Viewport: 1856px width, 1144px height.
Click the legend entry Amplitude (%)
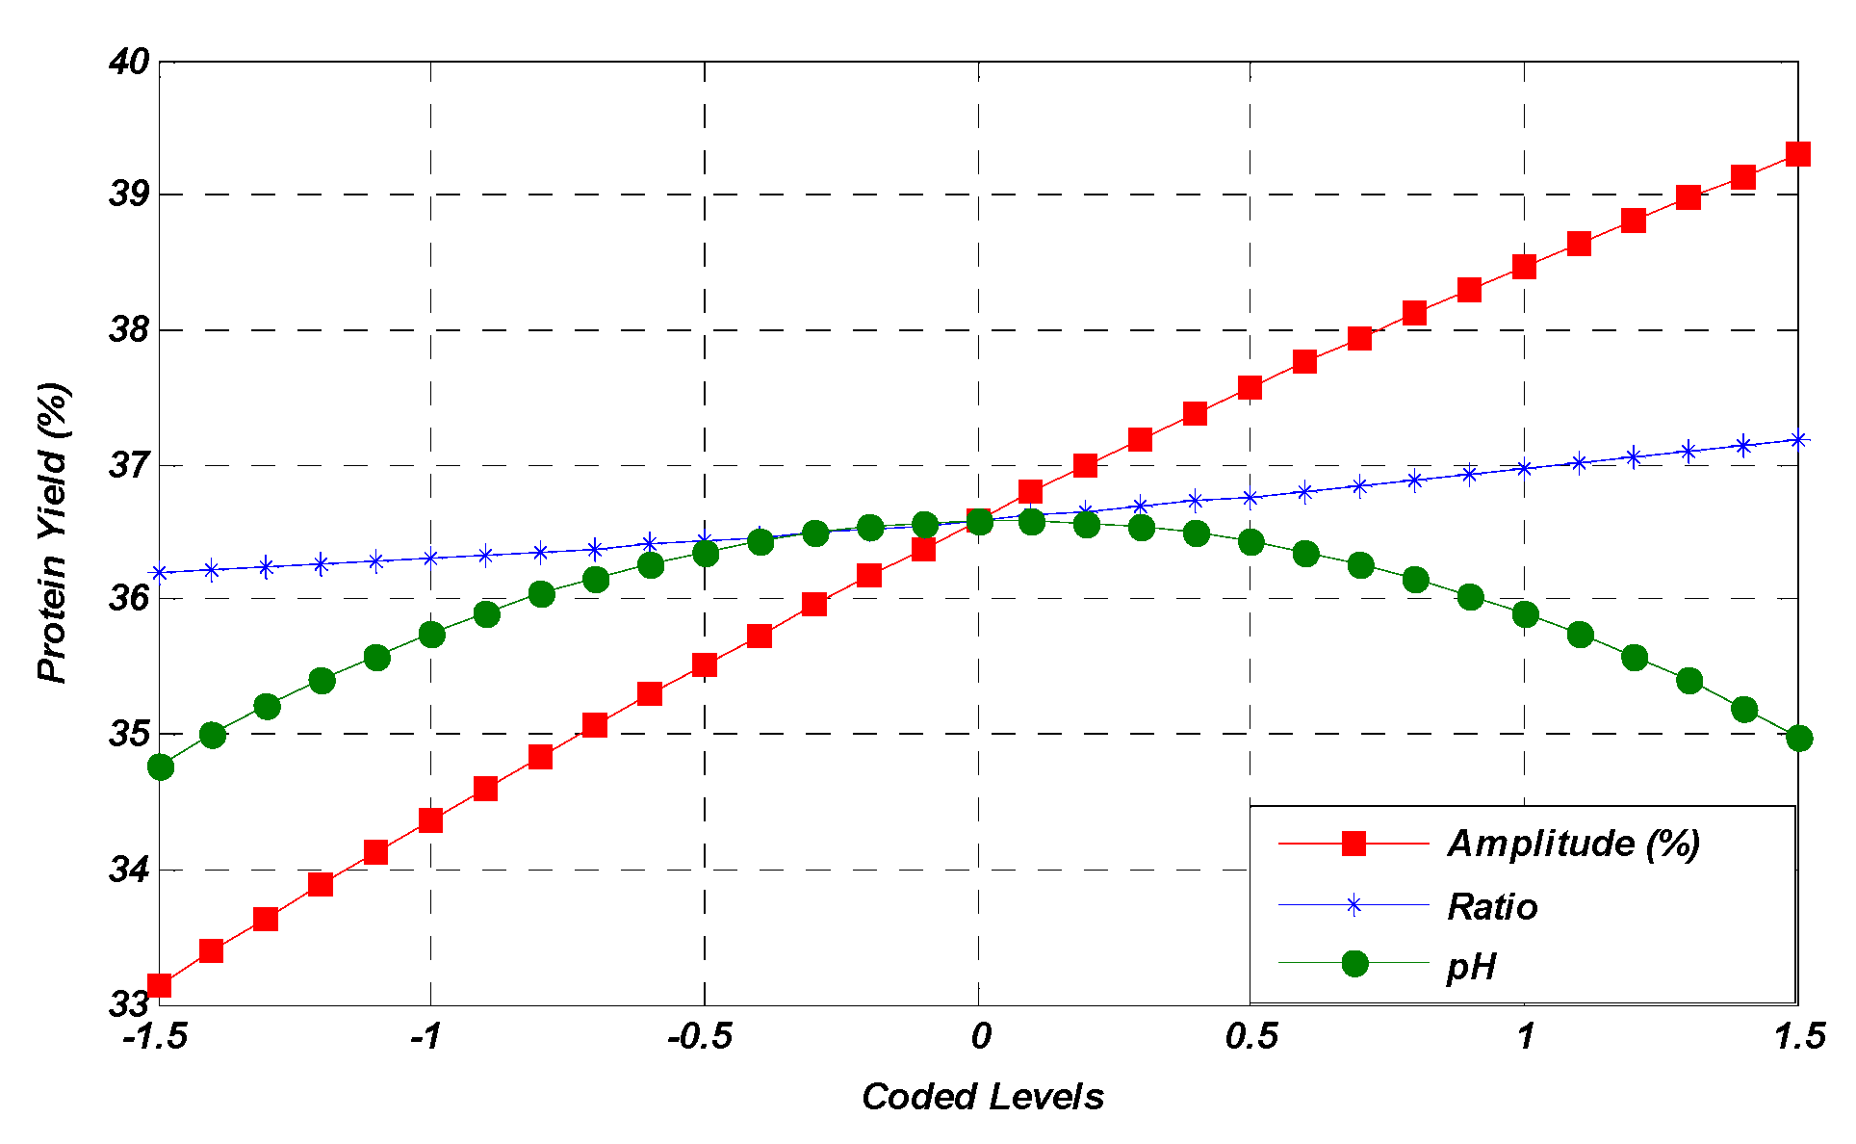1573,844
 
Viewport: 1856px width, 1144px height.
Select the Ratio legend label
1492,907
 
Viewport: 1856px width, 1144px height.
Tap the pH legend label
1471,966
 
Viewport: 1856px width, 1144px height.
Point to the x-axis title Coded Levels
982,1097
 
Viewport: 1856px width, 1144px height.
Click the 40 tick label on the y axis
128,63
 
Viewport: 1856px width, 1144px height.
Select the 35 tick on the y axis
128,735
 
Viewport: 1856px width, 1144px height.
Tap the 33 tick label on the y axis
128,1004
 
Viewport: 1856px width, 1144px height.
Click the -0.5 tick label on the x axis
700,1037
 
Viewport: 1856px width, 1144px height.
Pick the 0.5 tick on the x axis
1251,1037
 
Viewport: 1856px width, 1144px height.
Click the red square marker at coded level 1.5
1798,154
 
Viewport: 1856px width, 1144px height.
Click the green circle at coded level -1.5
161,767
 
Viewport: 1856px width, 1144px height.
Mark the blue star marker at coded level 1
1524,469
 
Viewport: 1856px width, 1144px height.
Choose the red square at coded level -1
430,820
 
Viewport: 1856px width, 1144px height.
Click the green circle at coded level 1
1525,614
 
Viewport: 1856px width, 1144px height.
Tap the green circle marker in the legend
1354,963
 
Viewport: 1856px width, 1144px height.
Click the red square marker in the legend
1354,844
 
